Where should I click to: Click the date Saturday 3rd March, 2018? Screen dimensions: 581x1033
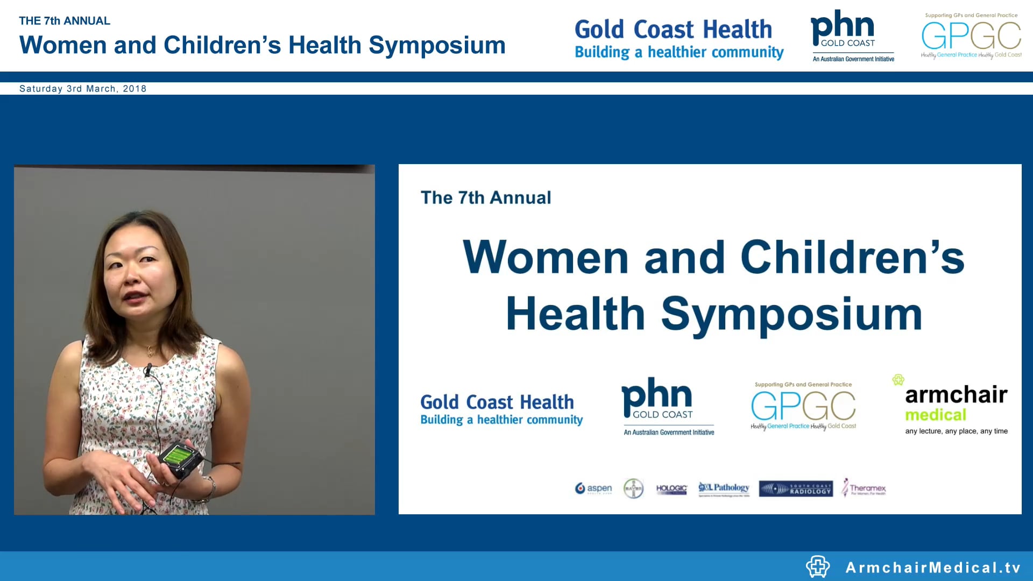point(82,89)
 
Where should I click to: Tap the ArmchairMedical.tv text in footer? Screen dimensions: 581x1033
point(933,568)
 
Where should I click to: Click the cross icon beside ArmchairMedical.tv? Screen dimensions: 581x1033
point(817,566)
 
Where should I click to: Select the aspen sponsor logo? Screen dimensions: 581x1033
point(593,488)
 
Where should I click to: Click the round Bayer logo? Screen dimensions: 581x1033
point(633,488)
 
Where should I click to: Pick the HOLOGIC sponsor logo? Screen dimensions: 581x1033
point(671,488)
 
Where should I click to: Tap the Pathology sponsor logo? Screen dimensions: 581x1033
point(724,488)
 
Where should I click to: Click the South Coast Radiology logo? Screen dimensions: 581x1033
point(796,488)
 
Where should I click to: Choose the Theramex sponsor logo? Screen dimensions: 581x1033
point(864,488)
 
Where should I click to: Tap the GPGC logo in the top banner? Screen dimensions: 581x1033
point(971,36)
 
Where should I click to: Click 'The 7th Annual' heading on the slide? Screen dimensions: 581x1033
point(486,197)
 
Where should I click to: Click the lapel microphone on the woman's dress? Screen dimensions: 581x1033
point(147,370)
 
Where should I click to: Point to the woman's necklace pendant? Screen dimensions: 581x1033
point(150,352)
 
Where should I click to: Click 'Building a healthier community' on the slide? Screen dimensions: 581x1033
point(501,420)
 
